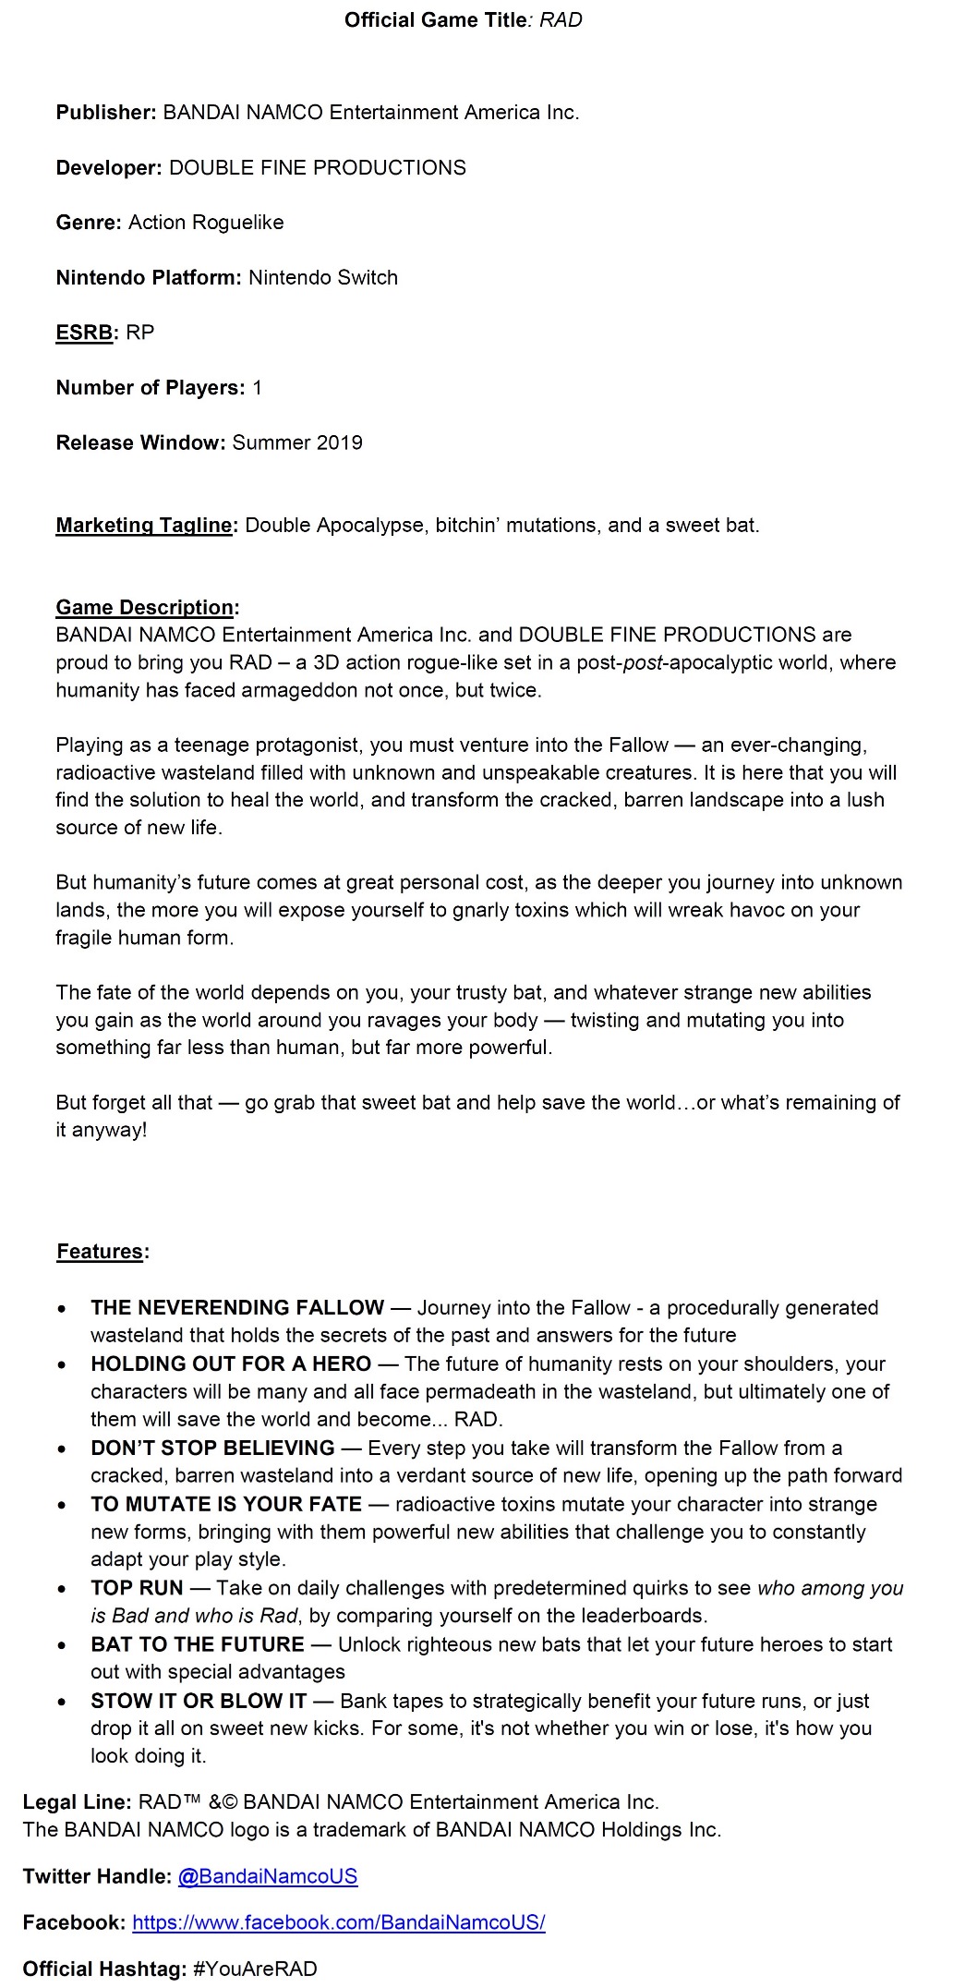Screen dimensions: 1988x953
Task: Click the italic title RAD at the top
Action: (x=561, y=20)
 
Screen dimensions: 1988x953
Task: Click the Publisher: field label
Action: (x=106, y=113)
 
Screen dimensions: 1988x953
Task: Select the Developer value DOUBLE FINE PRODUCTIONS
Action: (x=318, y=168)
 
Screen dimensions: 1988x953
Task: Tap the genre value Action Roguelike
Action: (x=206, y=223)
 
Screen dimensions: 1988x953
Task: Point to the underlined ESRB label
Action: (x=84, y=333)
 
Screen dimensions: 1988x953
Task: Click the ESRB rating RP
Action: (x=139, y=333)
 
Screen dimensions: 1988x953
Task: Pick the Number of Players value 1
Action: (x=257, y=388)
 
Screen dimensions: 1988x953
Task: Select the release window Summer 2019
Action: (x=297, y=442)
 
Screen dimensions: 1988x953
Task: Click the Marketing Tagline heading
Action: (x=145, y=526)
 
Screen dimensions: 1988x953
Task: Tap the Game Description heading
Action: (x=146, y=608)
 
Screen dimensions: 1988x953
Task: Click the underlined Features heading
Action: (x=101, y=1252)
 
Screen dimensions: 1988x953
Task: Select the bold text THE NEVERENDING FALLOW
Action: (x=237, y=1308)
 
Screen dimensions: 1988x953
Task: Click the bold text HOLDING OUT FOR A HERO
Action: (x=231, y=1364)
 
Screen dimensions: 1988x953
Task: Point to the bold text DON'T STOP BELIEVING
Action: (x=212, y=1449)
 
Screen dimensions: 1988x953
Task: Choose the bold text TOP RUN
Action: (x=137, y=1589)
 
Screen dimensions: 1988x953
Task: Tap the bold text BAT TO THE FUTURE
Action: (x=198, y=1645)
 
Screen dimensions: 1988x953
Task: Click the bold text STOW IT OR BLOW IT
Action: (x=199, y=1702)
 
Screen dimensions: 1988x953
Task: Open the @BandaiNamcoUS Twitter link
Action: (x=268, y=1876)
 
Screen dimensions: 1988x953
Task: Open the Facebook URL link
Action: (x=339, y=1922)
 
